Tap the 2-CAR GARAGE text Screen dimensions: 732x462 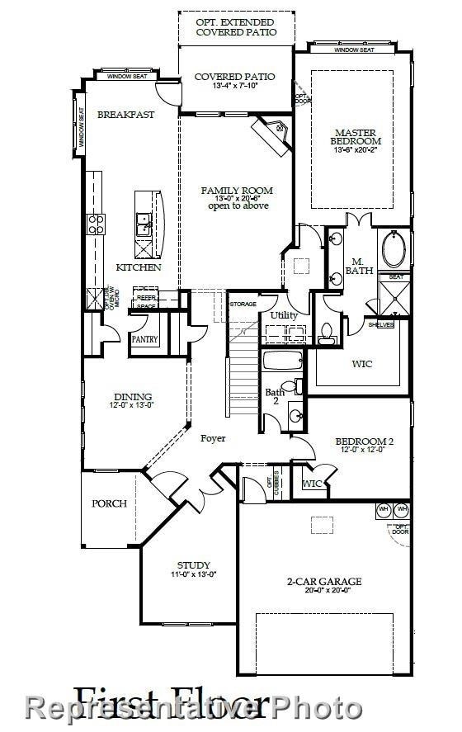pyautogui.click(x=324, y=582)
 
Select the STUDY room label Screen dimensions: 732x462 pyautogui.click(x=194, y=565)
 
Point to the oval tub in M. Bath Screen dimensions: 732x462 pyautogui.click(x=393, y=248)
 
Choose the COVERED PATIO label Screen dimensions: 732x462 pyautogui.click(x=234, y=77)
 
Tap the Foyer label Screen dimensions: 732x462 pyautogui.click(x=213, y=438)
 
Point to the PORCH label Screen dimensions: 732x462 pyautogui.click(x=109, y=503)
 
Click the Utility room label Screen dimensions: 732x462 pyautogui.click(x=284, y=316)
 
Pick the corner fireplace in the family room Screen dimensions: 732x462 pyautogui.click(x=272, y=131)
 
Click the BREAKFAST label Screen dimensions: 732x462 pyautogui.click(x=125, y=115)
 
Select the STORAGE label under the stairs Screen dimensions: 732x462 pyautogui.click(x=243, y=304)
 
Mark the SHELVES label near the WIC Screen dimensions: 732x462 pyautogui.click(x=379, y=324)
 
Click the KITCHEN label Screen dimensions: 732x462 pyautogui.click(x=138, y=267)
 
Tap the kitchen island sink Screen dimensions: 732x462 pyautogui.click(x=143, y=220)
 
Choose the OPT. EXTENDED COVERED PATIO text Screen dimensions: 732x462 pyautogui.click(x=236, y=26)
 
